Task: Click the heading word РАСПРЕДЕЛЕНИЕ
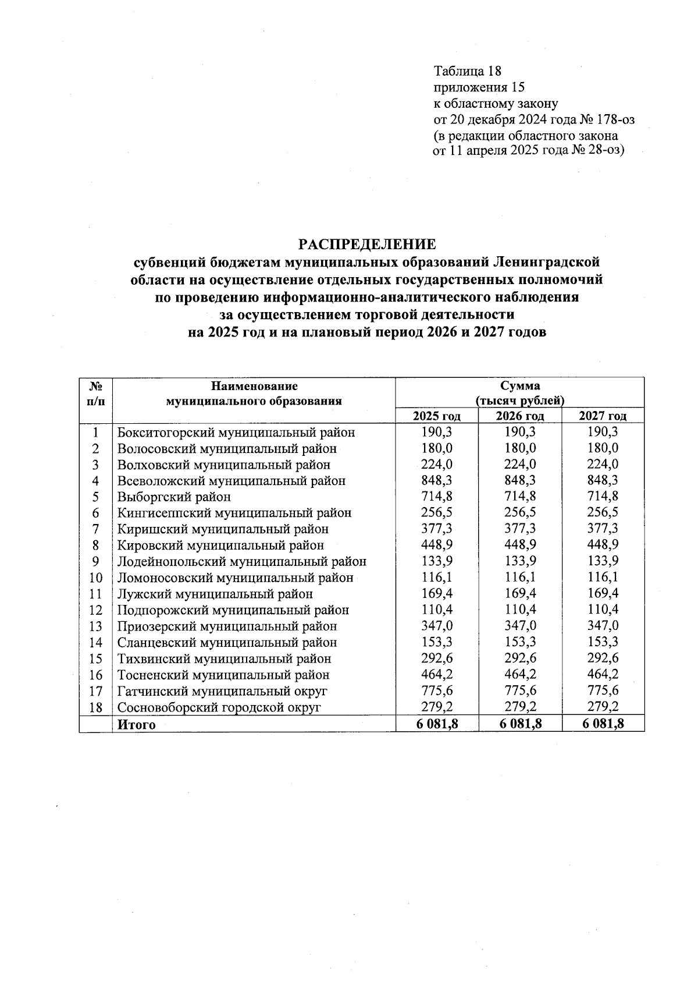(x=367, y=244)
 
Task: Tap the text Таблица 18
(x=467, y=71)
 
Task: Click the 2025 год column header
(x=436, y=416)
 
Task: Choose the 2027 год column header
(x=603, y=416)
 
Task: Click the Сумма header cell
(x=519, y=385)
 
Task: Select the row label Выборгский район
(x=174, y=497)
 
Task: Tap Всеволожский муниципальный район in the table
(x=231, y=481)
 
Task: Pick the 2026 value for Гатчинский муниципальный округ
(x=519, y=690)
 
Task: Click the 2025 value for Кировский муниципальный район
(x=436, y=545)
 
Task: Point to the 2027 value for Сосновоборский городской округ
(x=603, y=707)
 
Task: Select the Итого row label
(x=137, y=724)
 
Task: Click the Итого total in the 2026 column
(x=519, y=724)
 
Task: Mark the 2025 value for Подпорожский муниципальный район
(x=436, y=610)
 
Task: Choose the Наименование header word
(x=254, y=385)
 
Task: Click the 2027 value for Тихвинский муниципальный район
(x=603, y=658)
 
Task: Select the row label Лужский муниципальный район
(x=215, y=594)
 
